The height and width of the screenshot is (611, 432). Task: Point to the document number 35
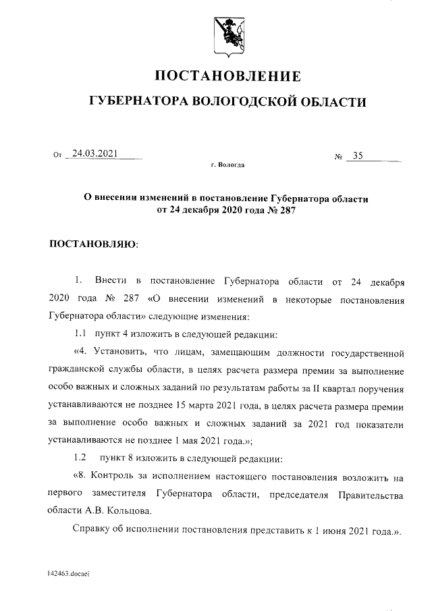pos(358,156)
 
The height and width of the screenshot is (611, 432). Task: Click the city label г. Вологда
pos(228,165)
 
